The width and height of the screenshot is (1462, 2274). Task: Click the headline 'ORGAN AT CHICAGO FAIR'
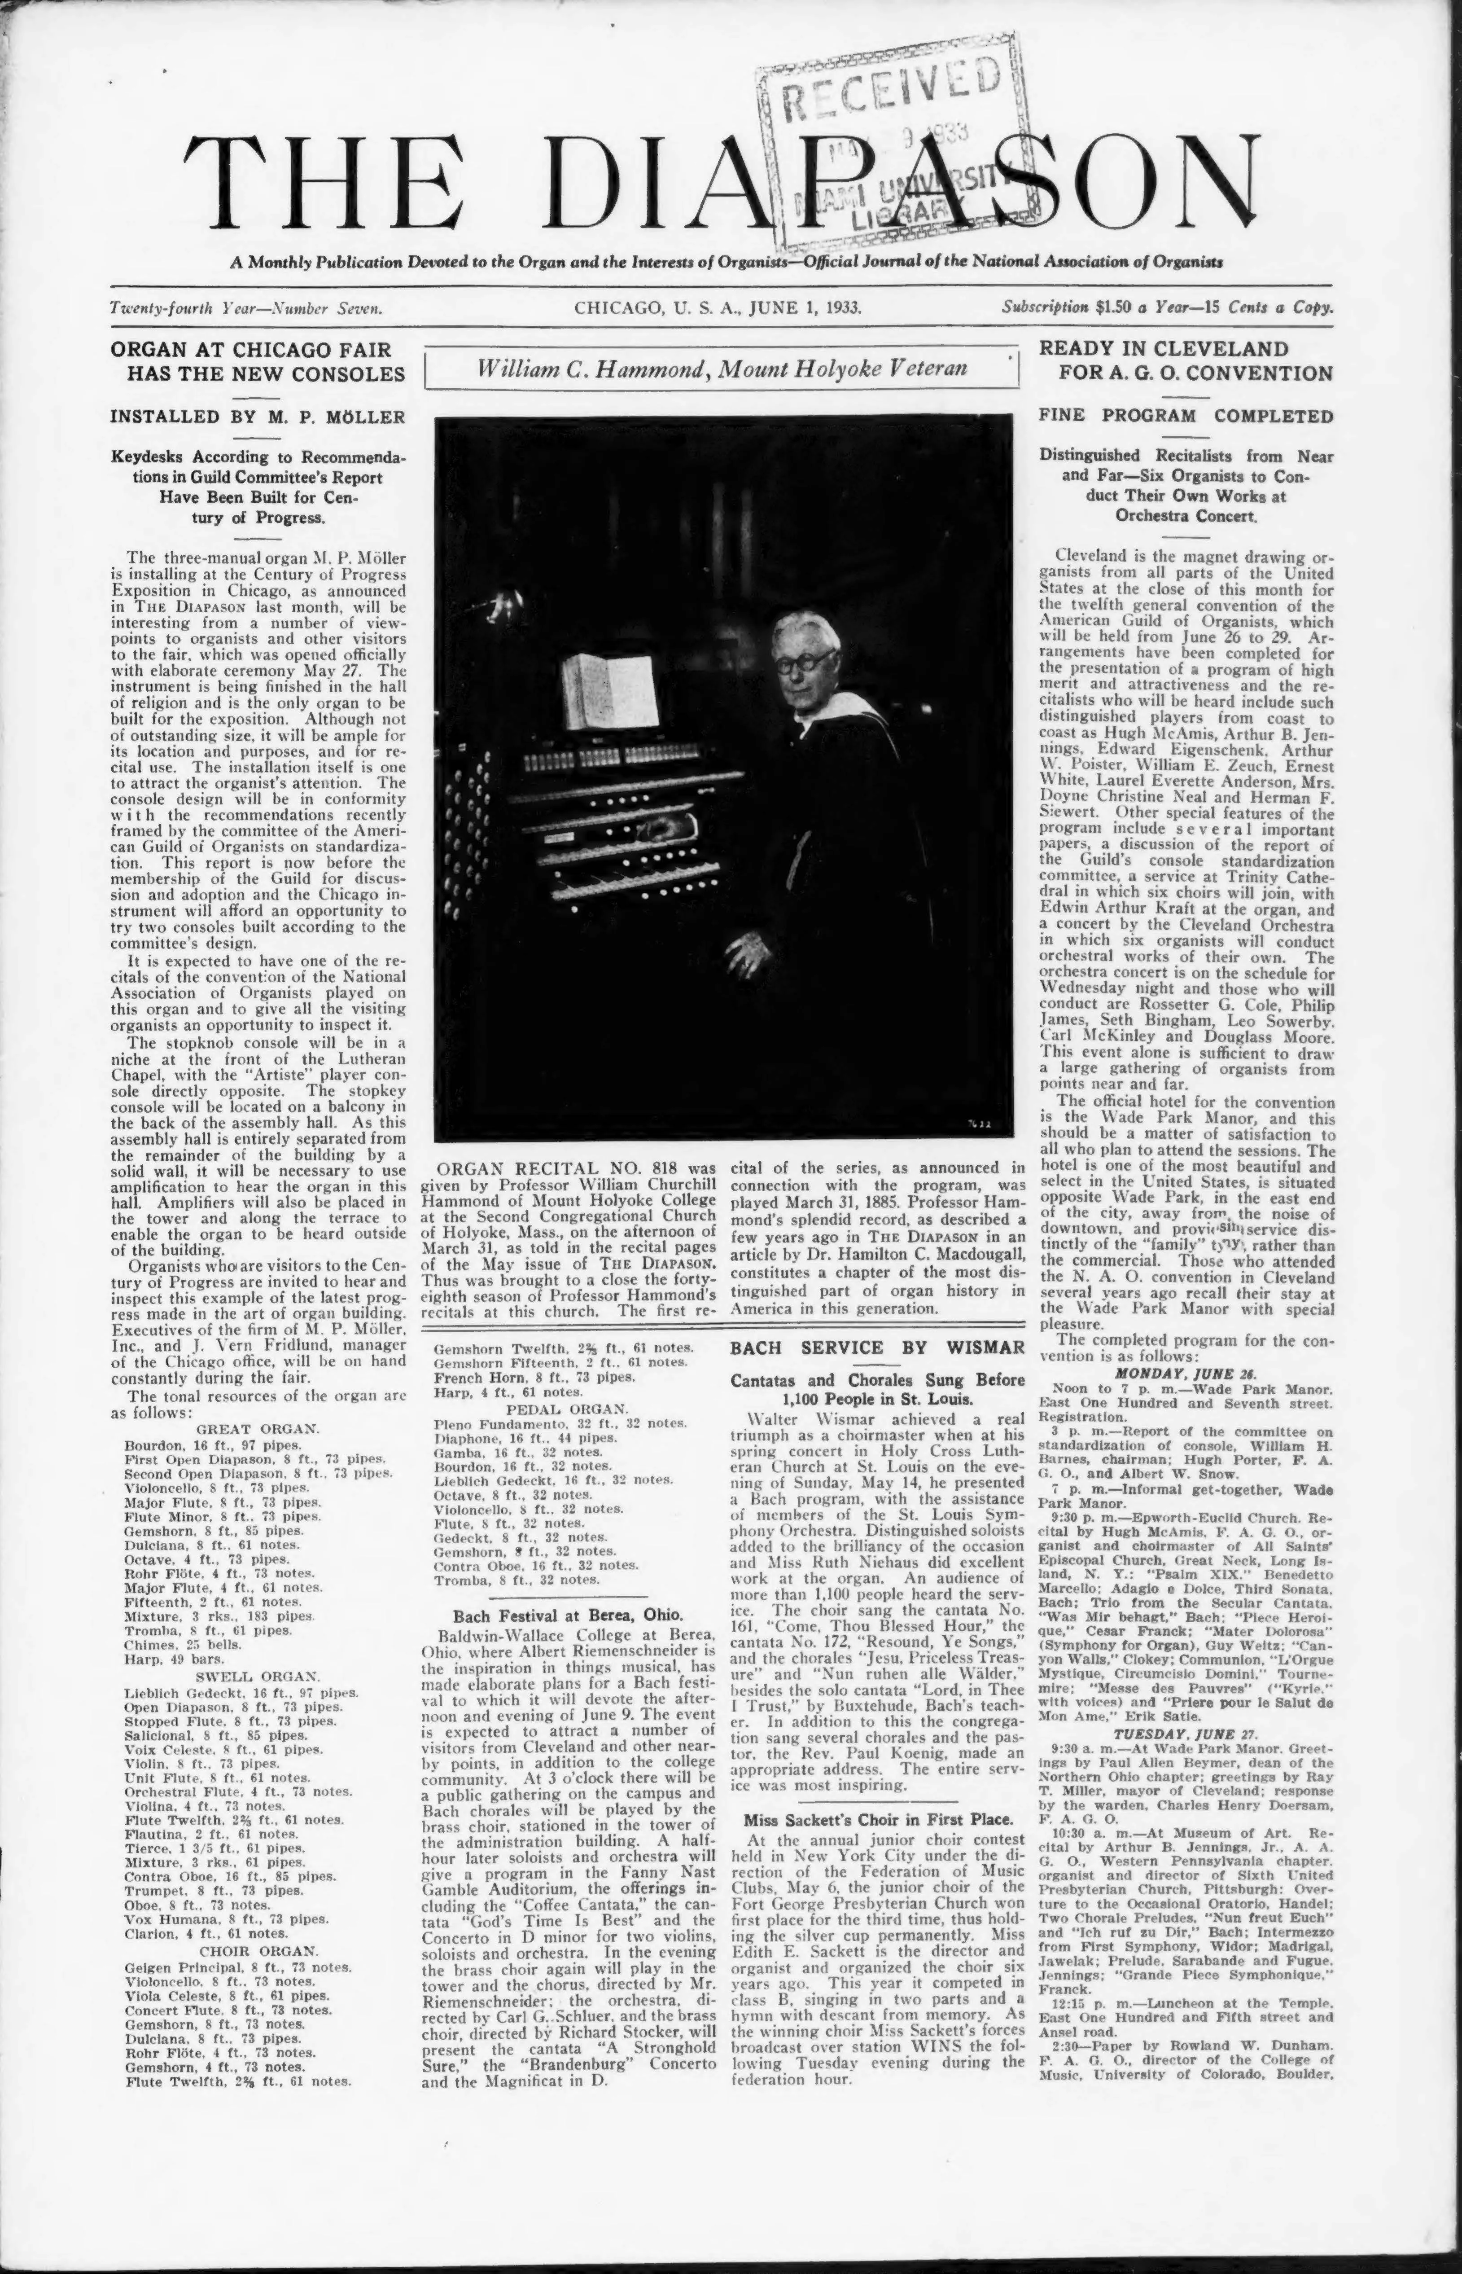[252, 348]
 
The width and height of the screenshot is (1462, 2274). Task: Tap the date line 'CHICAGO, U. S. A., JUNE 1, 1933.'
[718, 307]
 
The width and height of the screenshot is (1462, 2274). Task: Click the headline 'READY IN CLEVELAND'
[1163, 348]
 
